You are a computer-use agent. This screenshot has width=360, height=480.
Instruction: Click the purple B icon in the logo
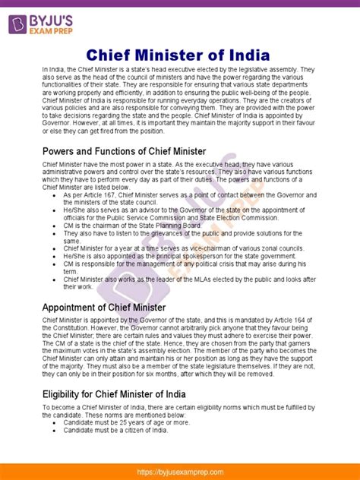pos(17,24)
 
